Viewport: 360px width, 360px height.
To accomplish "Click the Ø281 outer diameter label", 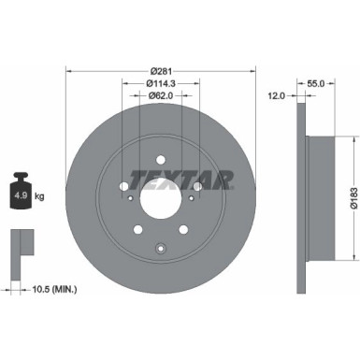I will tap(161, 71).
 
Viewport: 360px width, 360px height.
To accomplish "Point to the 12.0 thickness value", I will tap(277, 95).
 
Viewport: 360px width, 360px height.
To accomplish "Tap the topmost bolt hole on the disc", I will tap(160, 158).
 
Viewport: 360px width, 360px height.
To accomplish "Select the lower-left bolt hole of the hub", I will tap(137, 229).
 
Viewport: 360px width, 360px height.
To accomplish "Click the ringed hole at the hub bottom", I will tap(161, 248).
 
